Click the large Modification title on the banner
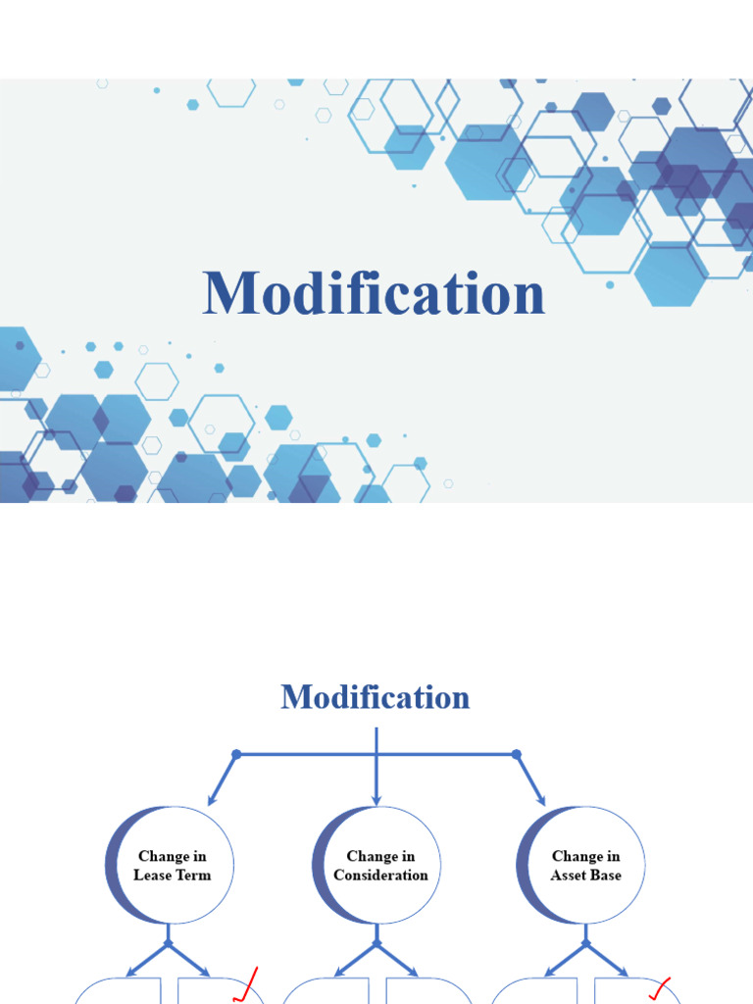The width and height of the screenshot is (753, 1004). (x=374, y=294)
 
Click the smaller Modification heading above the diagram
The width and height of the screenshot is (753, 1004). (x=376, y=698)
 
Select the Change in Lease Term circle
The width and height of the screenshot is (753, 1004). (x=173, y=865)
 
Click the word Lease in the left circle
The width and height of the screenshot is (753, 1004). (x=152, y=875)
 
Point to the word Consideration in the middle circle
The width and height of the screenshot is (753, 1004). (x=380, y=875)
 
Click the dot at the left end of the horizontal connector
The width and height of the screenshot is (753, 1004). (x=235, y=754)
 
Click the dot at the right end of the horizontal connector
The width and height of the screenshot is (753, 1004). (x=517, y=754)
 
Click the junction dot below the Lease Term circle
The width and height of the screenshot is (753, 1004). (x=169, y=944)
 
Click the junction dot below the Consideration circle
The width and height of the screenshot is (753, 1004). (x=376, y=944)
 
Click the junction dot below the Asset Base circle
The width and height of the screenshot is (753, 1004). (x=585, y=944)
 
